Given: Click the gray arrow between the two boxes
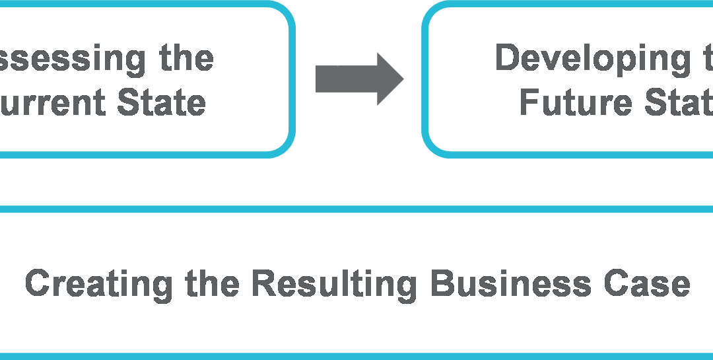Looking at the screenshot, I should (x=356, y=79).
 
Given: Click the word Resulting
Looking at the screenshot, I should (x=334, y=283).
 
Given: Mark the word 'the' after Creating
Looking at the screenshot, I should (x=212, y=283).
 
